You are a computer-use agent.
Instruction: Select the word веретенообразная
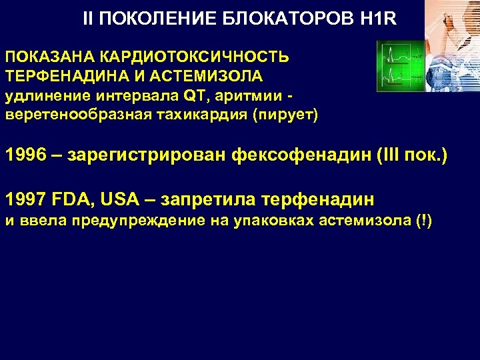point(77,114)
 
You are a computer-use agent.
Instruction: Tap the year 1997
point(27,199)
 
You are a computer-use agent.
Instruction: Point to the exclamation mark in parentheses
point(423,221)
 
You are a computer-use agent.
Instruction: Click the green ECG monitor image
point(403,67)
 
